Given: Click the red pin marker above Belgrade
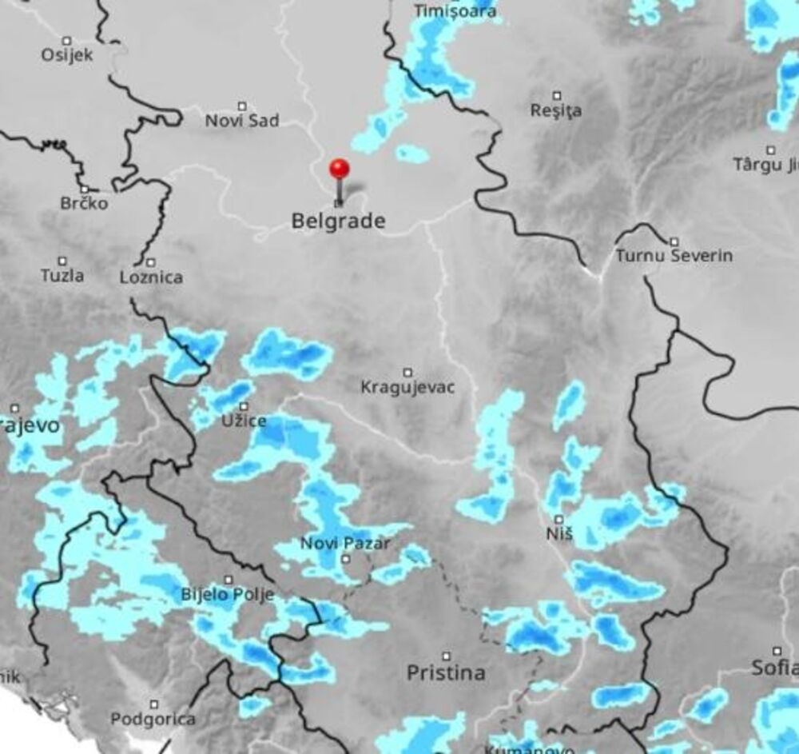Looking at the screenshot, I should tap(340, 169).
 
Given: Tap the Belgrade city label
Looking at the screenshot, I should tap(338, 221).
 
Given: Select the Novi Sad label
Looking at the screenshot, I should tap(242, 121).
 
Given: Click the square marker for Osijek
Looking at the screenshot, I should tap(67, 40).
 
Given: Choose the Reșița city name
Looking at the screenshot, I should tap(556, 110).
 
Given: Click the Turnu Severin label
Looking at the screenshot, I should tap(674, 256).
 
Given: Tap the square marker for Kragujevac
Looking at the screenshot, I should tap(407, 372).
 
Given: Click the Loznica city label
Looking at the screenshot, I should tap(150, 277).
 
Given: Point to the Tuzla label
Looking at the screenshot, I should tap(62, 275).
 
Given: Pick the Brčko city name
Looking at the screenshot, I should tap(84, 203).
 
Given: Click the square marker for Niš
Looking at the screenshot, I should tap(559, 519).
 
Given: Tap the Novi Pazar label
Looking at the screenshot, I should tap(345, 544).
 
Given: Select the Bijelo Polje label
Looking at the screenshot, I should tap(228, 594).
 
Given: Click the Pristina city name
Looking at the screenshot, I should tap(446, 672).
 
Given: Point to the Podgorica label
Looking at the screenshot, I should tap(153, 719).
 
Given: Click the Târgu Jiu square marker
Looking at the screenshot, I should tap(771, 150).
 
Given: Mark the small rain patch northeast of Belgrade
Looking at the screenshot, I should tap(412, 154).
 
